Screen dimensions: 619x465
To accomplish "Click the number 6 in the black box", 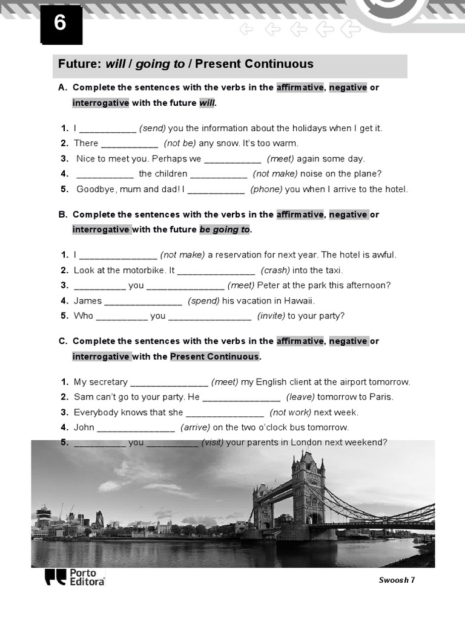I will [61, 24].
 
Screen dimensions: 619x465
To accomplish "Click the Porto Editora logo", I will [74, 577].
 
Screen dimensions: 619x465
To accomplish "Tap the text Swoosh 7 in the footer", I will [397, 580].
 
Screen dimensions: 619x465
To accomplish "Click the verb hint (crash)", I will [275, 270].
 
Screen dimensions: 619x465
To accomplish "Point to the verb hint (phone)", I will [266, 189].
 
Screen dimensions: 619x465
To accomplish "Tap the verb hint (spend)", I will [203, 300].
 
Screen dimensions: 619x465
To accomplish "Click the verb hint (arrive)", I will [196, 427].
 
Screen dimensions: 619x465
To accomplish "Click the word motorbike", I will [142, 270].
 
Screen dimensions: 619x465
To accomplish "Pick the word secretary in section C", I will [108, 382].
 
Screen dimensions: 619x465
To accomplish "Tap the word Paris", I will [381, 397].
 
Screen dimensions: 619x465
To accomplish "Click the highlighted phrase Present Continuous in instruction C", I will [214, 357].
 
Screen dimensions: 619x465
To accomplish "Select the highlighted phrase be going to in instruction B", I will [224, 230].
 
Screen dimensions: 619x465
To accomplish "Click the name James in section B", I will [88, 300].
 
